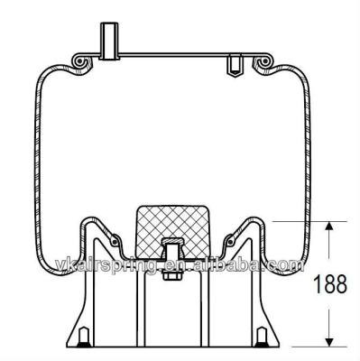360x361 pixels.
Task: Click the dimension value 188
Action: coord(330,284)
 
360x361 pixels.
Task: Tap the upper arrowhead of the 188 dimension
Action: coord(329,227)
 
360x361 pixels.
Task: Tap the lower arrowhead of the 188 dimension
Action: coord(329,342)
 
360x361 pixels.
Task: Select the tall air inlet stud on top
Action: coord(109,41)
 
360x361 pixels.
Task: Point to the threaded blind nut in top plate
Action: coord(234,65)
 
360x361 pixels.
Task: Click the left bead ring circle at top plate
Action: coord(79,61)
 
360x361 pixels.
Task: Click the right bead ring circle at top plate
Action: coord(265,61)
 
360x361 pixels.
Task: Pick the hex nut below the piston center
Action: coord(171,275)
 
